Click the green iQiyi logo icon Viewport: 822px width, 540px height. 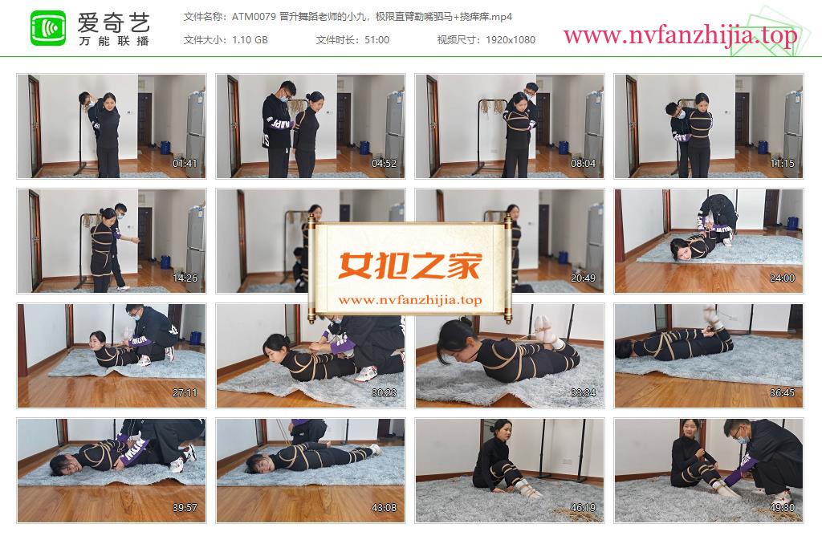(x=48, y=28)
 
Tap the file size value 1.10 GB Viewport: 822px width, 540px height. (x=250, y=40)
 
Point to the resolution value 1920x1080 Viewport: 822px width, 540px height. (x=510, y=40)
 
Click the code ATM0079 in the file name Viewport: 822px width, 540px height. (x=254, y=17)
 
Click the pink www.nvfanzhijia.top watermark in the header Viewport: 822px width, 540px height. (x=680, y=35)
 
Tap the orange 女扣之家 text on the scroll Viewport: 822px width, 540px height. (x=409, y=266)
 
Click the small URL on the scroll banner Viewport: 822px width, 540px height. (x=410, y=300)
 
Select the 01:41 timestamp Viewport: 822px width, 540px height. (x=185, y=164)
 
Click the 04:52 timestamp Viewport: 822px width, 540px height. (x=384, y=164)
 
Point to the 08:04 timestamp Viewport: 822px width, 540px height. (x=583, y=164)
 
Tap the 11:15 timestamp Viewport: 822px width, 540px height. (x=782, y=164)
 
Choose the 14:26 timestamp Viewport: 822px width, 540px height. (x=185, y=278)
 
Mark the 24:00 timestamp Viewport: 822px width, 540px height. (x=782, y=278)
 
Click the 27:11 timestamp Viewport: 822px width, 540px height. (x=185, y=393)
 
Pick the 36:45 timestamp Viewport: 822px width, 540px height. (x=782, y=393)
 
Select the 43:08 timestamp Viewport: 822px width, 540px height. (x=384, y=508)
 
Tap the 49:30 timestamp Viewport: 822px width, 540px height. (x=782, y=508)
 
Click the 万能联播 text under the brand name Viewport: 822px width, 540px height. (x=114, y=41)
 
